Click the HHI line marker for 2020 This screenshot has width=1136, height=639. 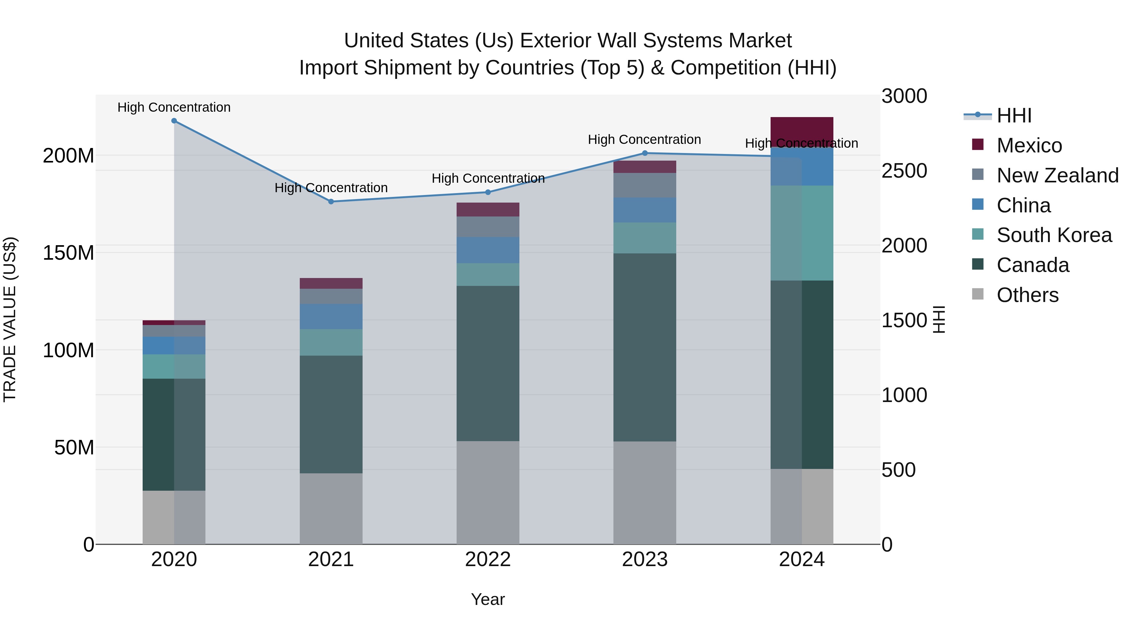pos(174,121)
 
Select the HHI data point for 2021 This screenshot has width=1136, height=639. pos(331,202)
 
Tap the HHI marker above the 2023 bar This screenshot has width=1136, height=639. pos(645,153)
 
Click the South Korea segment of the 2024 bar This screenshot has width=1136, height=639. pos(802,233)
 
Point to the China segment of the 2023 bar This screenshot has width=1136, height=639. pos(645,210)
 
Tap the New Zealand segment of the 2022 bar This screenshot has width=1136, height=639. pos(488,227)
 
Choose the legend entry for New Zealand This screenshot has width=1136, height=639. pos(1057,175)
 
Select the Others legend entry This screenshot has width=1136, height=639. pos(1027,295)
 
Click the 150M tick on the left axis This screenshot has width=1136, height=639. pos(68,253)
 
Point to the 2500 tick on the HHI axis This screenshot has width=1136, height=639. pos(904,171)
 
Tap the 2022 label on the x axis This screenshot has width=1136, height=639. pos(488,559)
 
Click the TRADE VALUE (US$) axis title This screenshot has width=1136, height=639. pos(10,319)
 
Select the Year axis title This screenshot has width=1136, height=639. pos(488,599)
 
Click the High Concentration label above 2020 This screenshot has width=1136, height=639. pos(174,107)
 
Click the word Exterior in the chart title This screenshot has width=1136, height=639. pos(556,41)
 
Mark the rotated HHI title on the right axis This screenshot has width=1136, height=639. pos(940,319)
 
